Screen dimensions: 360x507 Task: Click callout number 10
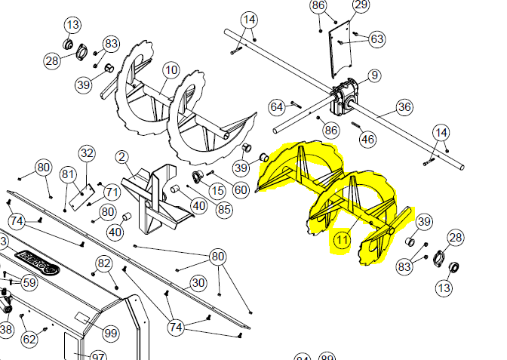171,70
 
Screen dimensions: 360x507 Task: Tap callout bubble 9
375,76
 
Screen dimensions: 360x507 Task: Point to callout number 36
404,107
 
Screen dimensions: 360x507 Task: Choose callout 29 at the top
361,6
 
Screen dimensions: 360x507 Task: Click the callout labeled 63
376,38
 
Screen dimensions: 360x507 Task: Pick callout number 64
277,107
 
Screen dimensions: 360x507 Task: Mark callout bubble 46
367,139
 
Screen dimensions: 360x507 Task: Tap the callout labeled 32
88,153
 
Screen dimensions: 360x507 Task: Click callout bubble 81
69,175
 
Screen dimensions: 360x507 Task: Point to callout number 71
112,192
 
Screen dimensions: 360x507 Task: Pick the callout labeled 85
224,208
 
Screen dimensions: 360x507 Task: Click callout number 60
241,190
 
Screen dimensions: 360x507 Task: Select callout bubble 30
198,283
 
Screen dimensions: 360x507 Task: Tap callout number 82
104,263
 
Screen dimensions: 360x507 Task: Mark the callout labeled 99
111,334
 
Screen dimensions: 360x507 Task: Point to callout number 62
29,340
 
